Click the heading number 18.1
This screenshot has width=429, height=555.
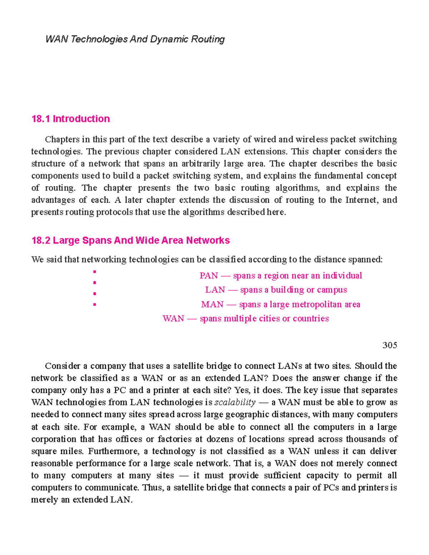tap(41, 119)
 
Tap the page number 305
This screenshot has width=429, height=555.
tap(390, 345)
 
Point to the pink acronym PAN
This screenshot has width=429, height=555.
tap(209, 276)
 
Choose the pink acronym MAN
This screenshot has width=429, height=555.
tap(212, 304)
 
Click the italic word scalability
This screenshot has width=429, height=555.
tap(235, 403)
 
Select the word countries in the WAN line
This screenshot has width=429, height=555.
tap(311, 319)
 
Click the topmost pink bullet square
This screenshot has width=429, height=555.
tap(94, 272)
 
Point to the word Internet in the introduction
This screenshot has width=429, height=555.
tap(361, 200)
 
